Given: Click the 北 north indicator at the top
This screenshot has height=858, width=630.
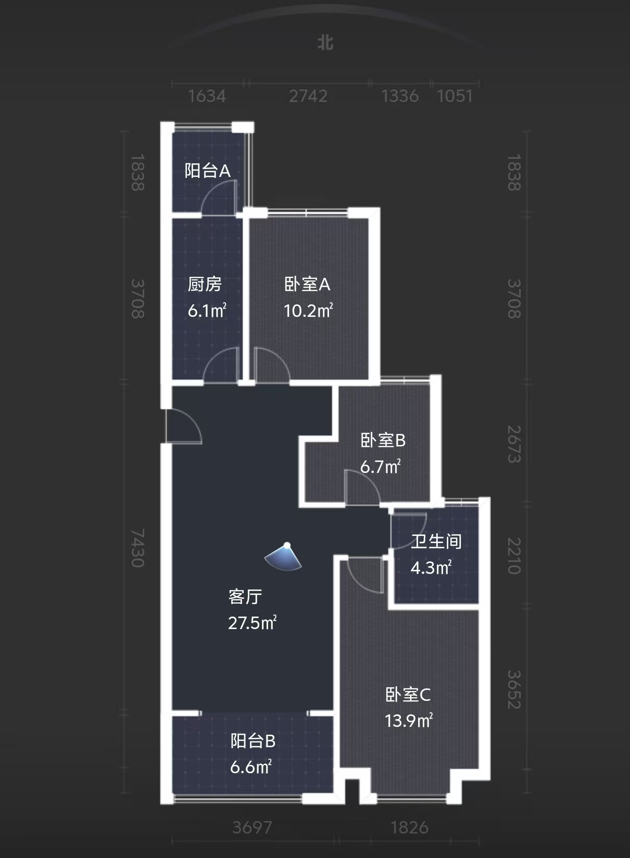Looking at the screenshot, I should [x=325, y=42].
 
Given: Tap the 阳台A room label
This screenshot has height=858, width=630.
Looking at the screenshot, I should [x=207, y=171].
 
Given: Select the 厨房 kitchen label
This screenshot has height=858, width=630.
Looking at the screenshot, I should [x=205, y=284].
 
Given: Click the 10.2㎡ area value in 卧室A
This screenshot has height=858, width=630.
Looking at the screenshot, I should [x=308, y=311].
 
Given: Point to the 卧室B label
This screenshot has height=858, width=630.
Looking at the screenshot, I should [x=383, y=440].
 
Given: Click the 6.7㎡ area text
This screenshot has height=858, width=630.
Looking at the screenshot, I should [x=380, y=466].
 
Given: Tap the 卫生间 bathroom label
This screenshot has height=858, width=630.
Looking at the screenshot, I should [x=436, y=541].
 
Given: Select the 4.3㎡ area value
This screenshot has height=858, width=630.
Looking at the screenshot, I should [x=431, y=567].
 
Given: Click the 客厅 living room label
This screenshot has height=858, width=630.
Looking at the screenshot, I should [x=245, y=596].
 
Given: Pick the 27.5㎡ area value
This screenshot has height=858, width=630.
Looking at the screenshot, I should [x=252, y=622].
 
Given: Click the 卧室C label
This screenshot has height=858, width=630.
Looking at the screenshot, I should [x=408, y=695].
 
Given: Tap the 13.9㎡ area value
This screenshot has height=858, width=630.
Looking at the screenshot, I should [x=409, y=721].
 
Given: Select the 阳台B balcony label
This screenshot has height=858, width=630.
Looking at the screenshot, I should [x=253, y=741].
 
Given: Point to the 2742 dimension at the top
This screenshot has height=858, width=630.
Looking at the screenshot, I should [x=308, y=96].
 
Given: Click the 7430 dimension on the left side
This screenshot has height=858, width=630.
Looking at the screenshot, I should [x=137, y=548].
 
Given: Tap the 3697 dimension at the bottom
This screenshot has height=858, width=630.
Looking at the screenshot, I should [x=252, y=827].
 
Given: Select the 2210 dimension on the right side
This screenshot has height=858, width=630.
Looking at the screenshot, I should [x=514, y=556].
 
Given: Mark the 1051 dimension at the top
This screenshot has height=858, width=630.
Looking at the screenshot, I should [x=455, y=96].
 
